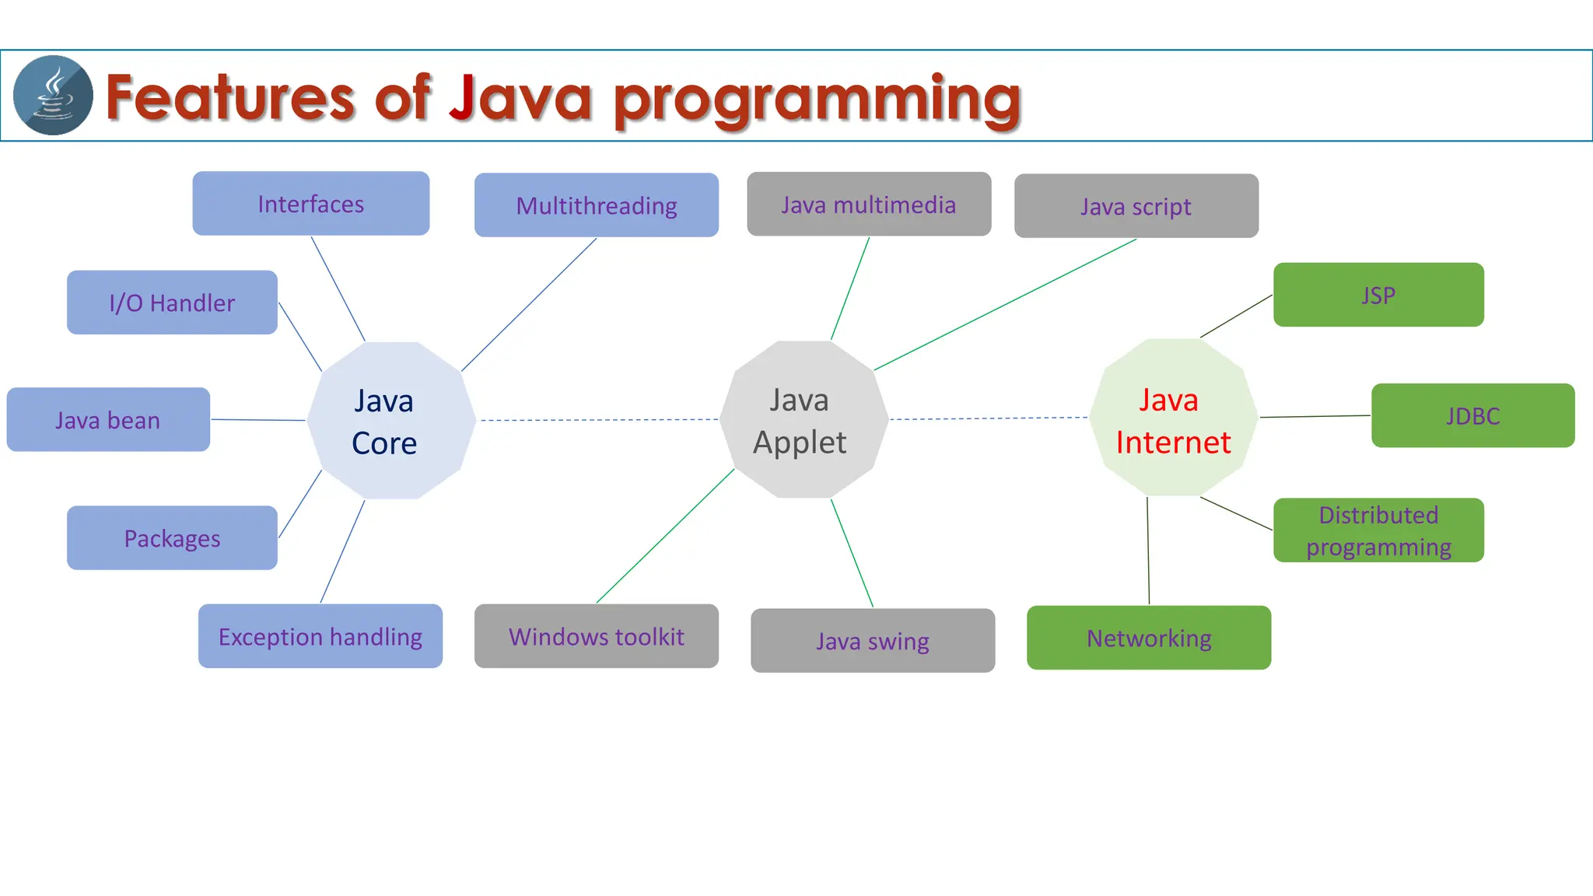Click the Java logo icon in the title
tap(53, 95)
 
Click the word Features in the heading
tap(230, 98)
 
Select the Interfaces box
tap(310, 204)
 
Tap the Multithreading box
tap(596, 205)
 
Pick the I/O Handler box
tap(172, 303)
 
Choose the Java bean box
tap(108, 420)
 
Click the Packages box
tap(172, 538)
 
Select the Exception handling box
tap(320, 636)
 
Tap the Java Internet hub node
tap(1173, 418)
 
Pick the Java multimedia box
tap(868, 205)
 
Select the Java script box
tap(1136, 206)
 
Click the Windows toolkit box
tap(596, 636)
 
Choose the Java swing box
tap(872, 641)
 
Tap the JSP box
tap(1378, 295)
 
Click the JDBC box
tap(1472, 415)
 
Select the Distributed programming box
tap(1378, 530)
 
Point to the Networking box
tap(1148, 638)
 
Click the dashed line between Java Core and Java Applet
tap(599, 420)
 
